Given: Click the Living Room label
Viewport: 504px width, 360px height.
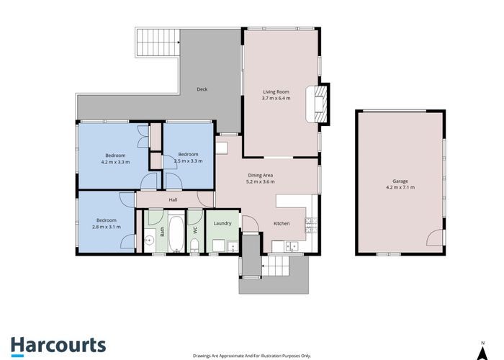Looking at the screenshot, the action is coord(276,92).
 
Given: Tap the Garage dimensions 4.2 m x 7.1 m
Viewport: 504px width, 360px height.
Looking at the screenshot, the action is coord(400,187).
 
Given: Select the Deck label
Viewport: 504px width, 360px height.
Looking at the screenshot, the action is coord(202,89).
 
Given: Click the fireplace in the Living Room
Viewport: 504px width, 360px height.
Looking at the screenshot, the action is coord(318,104).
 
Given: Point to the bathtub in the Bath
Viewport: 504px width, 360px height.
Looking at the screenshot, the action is coord(176,232).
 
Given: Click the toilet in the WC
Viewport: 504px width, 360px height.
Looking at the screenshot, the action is coord(194,246).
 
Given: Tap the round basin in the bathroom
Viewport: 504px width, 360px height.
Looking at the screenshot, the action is coord(149,240).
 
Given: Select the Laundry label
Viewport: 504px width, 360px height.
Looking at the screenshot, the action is coord(222,223).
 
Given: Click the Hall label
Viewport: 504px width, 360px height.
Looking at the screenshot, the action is coord(173,200).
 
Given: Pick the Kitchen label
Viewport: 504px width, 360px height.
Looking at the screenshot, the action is coord(282,223).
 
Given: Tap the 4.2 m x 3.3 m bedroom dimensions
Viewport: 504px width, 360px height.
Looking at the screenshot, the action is coord(115,162).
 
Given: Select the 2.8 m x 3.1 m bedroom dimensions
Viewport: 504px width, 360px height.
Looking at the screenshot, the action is coord(107,227).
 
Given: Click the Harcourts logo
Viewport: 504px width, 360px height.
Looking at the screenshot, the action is coord(58,346).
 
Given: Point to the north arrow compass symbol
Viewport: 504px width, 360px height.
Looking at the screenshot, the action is coord(482,351).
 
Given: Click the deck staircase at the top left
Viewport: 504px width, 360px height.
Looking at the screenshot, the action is coord(158,42).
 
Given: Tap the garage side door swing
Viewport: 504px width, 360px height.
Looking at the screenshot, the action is coord(435,238).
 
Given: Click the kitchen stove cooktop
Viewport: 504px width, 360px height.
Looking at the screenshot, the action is coord(311,225).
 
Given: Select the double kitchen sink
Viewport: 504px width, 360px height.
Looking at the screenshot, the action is coord(292,246).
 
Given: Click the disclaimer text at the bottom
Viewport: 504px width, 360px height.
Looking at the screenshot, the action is coord(252,356).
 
